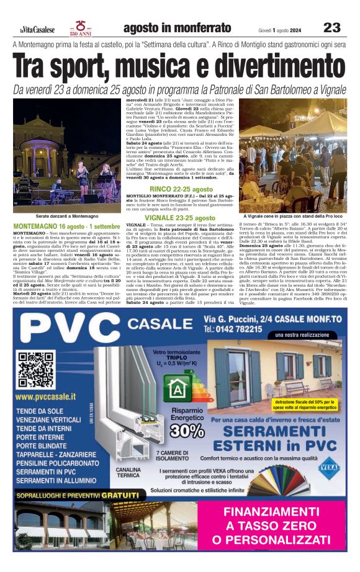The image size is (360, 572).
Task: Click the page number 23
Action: tap(332, 27)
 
